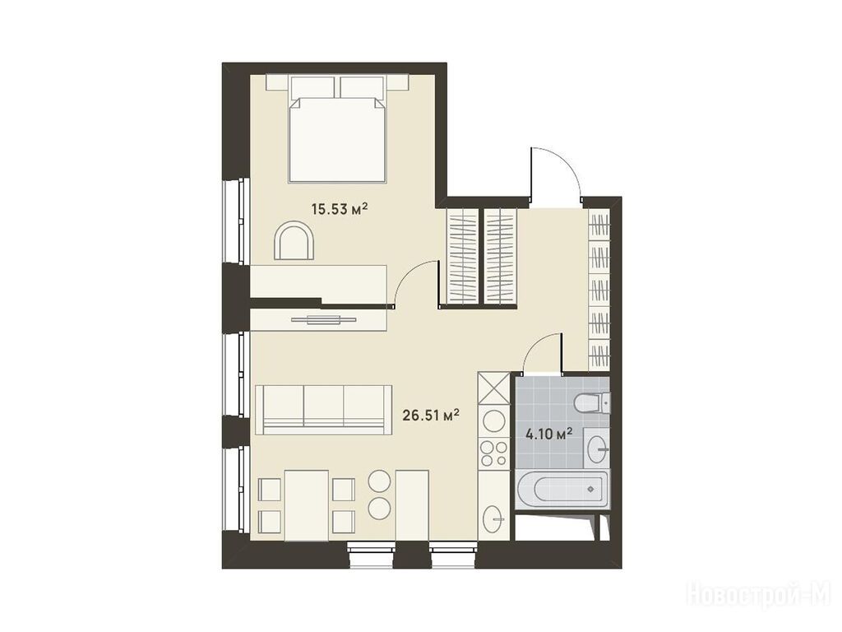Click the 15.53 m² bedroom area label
click(340, 208)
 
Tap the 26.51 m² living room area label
click(431, 415)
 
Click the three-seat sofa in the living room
click(324, 410)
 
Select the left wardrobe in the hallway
click(463, 257)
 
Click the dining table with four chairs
click(307, 505)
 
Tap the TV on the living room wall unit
click(323, 320)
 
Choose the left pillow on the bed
click(313, 86)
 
